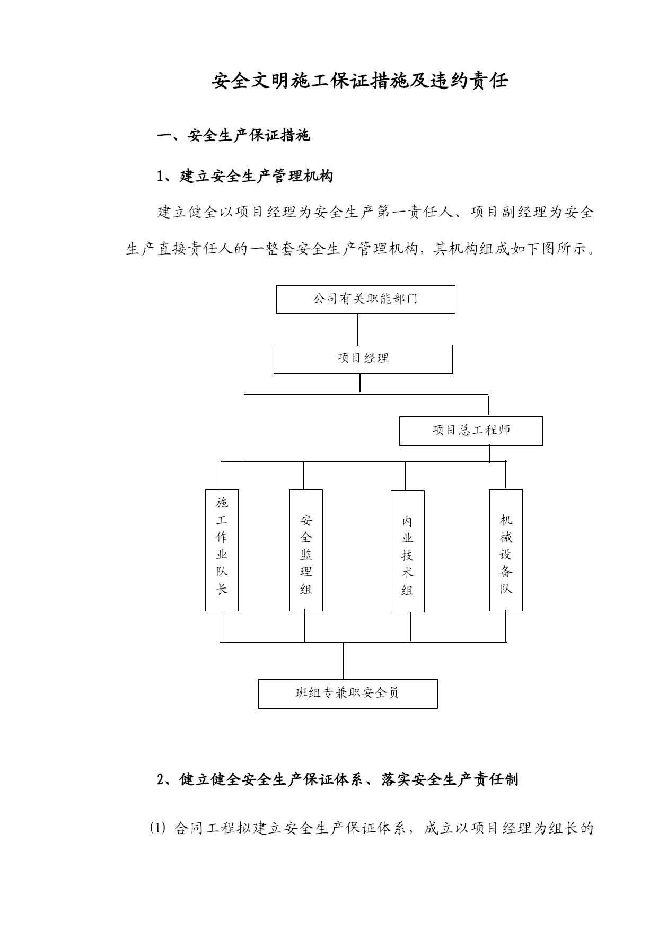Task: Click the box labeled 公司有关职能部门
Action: [365, 300]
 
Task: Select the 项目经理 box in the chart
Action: [363, 359]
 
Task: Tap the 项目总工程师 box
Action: [471, 431]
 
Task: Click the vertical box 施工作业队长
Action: [222, 550]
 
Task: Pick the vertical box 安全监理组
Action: [306, 550]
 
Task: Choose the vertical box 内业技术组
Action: [408, 551]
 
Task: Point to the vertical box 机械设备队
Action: [506, 550]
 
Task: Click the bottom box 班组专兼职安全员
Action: [348, 694]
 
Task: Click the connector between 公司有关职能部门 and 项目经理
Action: [358, 329]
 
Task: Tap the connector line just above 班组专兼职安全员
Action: [344, 661]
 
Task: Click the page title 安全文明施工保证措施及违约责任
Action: [360, 81]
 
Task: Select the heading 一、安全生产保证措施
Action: [234, 136]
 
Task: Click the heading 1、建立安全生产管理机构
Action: [245, 176]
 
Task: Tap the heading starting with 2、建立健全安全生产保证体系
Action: [338, 779]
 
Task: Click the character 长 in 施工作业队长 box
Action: [222, 589]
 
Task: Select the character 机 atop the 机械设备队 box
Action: [506, 520]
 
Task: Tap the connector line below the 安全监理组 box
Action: [305, 627]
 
